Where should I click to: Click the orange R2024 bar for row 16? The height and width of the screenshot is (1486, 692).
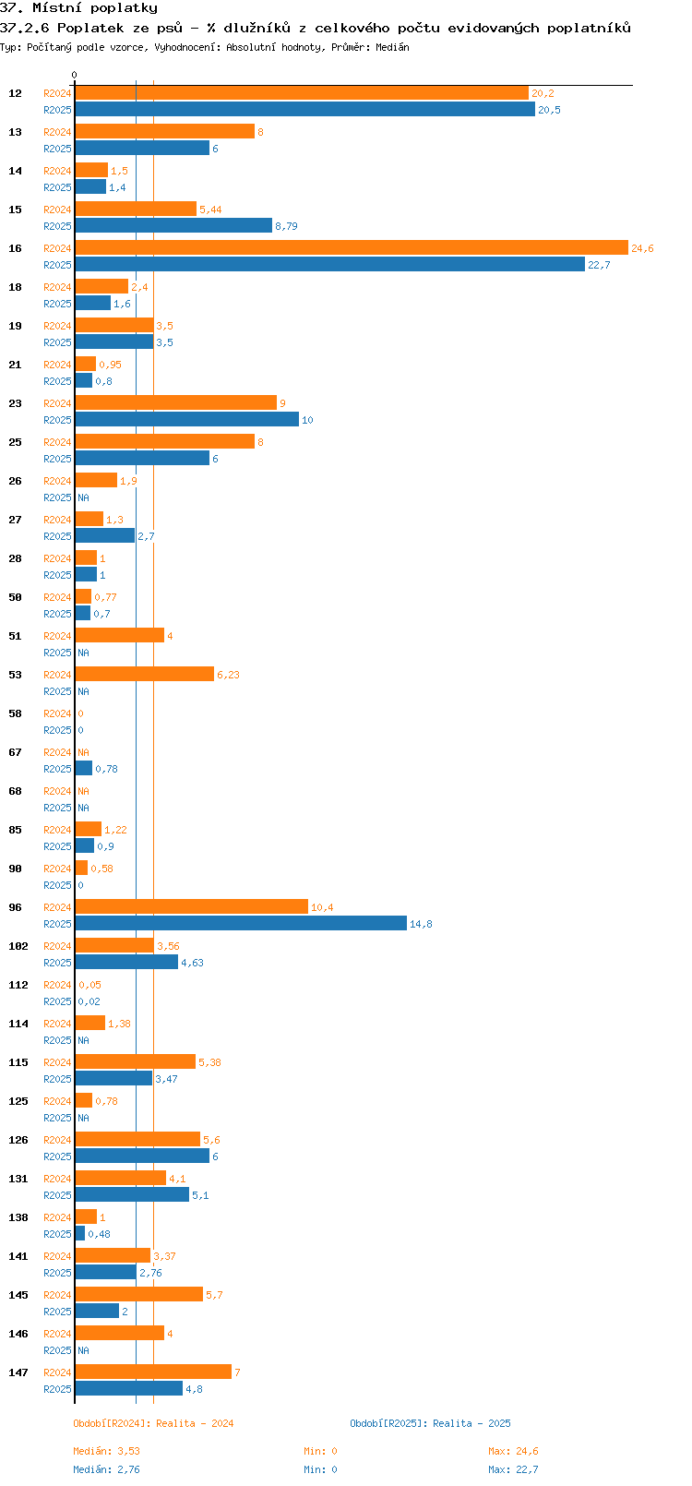[351, 247]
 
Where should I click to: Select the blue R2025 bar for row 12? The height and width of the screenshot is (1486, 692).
[304, 109]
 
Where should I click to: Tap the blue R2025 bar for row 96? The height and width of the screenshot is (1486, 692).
[240, 923]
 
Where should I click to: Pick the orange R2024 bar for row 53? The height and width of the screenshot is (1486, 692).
[144, 674]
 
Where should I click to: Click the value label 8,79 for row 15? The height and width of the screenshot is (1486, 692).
[286, 226]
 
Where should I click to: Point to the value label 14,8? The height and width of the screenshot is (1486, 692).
[421, 924]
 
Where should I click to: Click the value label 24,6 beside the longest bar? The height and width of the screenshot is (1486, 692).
[642, 248]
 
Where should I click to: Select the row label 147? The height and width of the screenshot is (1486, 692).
[18, 1372]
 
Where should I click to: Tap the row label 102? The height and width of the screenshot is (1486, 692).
[18, 946]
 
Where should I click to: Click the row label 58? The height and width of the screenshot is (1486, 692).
[16, 713]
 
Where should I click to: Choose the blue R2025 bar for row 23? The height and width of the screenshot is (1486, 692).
[186, 419]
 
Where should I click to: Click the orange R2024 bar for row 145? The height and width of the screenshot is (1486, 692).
[138, 1294]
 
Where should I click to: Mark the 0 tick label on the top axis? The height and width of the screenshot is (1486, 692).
[75, 76]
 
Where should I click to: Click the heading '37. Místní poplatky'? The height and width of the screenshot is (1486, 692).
[78, 8]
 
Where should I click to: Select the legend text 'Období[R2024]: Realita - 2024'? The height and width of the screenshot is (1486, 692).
[153, 1423]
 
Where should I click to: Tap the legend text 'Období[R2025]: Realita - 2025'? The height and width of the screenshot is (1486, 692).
[430, 1423]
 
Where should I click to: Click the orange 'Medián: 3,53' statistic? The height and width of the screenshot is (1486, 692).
[107, 1451]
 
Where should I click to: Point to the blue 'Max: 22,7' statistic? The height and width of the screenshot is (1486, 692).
[513, 1469]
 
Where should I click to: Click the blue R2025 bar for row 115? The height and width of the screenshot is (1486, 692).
[113, 1078]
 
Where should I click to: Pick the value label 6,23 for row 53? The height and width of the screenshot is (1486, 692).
[228, 675]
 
